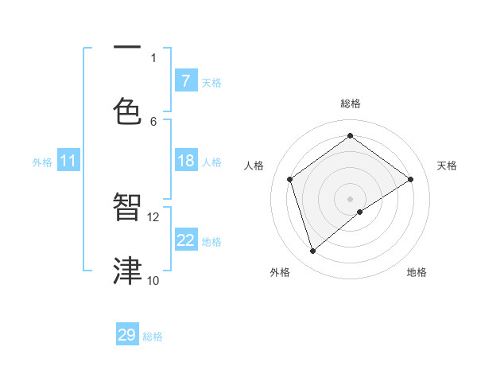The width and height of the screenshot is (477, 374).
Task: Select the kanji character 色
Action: click(x=127, y=110)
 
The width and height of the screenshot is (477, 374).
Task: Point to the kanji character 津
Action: click(x=127, y=270)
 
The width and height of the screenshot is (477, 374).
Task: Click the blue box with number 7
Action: click(x=185, y=80)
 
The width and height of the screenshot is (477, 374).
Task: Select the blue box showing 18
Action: click(x=185, y=161)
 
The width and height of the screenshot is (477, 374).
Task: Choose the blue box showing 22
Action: click(x=185, y=240)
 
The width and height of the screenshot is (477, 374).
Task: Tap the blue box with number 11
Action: click(x=68, y=161)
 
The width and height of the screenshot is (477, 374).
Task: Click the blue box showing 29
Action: click(x=127, y=335)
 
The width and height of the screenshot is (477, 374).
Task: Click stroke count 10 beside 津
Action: click(x=153, y=280)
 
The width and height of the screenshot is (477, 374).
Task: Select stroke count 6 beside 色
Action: click(x=153, y=121)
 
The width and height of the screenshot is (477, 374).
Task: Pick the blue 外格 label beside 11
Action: click(x=42, y=162)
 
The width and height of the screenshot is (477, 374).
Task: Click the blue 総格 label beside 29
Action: click(x=153, y=337)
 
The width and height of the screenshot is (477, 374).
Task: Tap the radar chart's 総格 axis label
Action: click(x=351, y=103)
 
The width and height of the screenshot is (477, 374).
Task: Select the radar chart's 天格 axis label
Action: click(x=448, y=166)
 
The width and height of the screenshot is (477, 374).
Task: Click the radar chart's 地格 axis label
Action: click(x=417, y=272)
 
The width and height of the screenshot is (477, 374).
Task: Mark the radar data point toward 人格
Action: click(x=290, y=179)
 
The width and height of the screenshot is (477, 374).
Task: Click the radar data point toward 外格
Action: click(x=312, y=251)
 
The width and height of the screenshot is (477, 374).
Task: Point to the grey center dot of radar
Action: click(x=351, y=198)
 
